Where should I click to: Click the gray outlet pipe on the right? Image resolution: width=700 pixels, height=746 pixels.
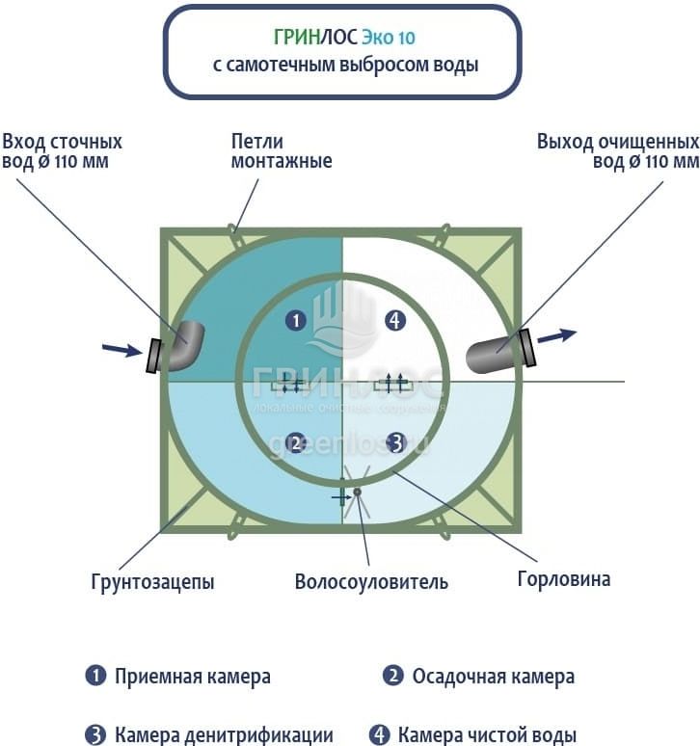coord(497,353)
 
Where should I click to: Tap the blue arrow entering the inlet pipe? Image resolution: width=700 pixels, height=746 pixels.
coord(121,350)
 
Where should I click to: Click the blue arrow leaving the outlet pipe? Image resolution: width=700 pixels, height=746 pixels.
coord(556,335)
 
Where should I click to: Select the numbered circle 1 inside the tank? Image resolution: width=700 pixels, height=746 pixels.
coord(296,320)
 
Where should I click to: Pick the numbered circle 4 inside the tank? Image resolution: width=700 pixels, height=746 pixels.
coord(394,320)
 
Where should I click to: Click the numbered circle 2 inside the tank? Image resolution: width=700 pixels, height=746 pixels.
coord(296,442)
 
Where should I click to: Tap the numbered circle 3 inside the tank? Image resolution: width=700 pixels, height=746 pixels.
coord(394,442)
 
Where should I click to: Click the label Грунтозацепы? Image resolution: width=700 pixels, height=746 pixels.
coord(153,581)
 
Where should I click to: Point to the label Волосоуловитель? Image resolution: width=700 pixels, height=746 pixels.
coord(371,582)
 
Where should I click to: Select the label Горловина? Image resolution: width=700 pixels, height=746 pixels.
coord(563,579)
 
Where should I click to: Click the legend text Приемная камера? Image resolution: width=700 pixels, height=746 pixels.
coord(192,677)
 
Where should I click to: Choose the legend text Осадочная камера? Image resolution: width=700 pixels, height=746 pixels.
coord(493,677)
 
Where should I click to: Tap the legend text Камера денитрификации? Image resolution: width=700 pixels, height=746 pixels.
coord(224,734)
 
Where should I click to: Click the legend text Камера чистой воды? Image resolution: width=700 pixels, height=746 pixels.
coord(487,734)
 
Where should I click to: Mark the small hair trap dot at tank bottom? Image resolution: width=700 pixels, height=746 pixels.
coord(357,493)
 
